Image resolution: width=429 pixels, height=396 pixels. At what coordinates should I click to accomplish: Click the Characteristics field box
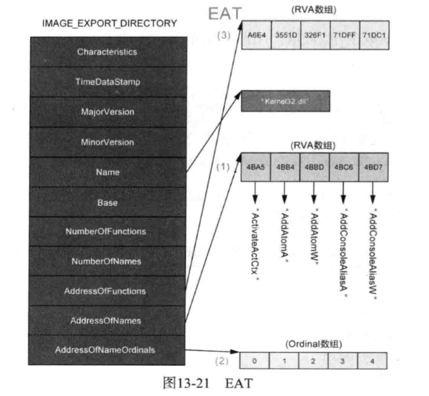[107, 52]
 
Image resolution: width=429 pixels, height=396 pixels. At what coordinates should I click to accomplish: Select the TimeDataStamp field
[107, 82]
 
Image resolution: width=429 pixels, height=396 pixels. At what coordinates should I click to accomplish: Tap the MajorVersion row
[107, 112]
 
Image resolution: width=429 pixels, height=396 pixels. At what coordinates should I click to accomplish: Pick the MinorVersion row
[107, 142]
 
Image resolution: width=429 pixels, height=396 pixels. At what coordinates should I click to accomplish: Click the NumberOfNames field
[107, 261]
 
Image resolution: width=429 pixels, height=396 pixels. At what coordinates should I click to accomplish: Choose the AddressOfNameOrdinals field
[107, 349]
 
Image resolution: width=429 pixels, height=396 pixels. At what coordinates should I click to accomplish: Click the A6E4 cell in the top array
[255, 35]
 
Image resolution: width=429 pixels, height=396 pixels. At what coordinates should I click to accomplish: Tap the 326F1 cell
[314, 35]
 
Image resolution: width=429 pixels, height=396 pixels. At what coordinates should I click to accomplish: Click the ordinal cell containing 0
[255, 361]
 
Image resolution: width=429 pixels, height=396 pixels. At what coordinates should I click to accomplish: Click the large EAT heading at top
[224, 13]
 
